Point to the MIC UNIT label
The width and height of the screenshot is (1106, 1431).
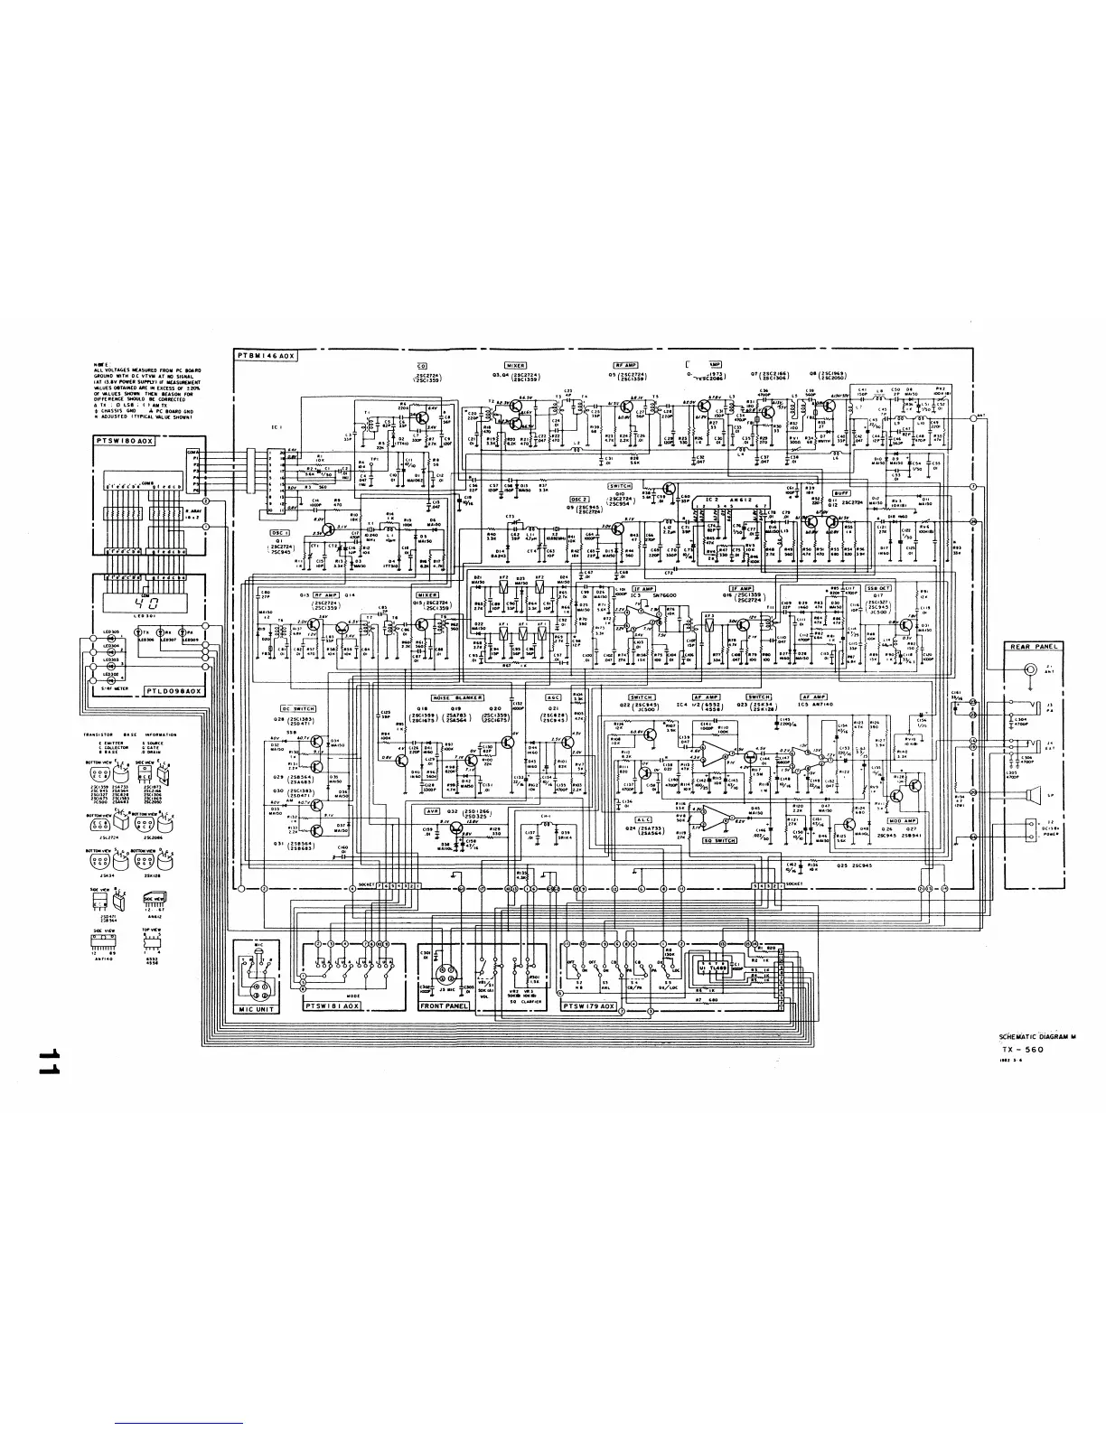coord(257,1008)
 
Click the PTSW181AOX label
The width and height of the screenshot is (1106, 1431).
coord(333,1005)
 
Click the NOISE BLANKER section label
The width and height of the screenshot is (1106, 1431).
coord(457,697)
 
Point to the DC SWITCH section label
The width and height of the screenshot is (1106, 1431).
coord(297,708)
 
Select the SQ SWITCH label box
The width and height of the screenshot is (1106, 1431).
coord(719,840)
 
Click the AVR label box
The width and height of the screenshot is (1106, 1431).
coord(432,811)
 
